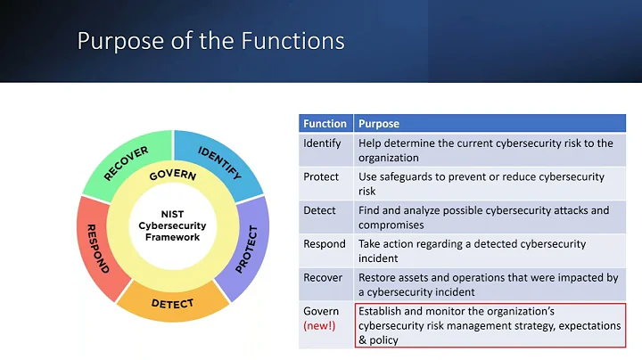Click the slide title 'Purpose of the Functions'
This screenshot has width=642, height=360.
(x=210, y=41)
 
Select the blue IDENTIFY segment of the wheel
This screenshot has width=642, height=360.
(x=218, y=161)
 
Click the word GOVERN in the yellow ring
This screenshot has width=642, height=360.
(x=173, y=176)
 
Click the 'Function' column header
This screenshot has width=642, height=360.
(x=325, y=124)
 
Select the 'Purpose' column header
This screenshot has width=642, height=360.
(x=378, y=124)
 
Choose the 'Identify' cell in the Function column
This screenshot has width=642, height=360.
(x=322, y=143)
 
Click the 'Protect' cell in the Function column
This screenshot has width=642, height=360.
(x=321, y=176)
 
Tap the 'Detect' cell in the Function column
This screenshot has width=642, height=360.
(x=319, y=210)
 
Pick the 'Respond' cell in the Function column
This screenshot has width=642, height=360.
(x=324, y=243)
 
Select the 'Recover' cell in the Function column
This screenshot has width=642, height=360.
(x=323, y=277)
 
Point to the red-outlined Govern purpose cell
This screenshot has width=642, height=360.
(x=489, y=325)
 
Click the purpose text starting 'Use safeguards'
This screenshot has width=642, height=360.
(x=481, y=184)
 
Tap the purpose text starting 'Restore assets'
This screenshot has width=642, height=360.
(x=488, y=285)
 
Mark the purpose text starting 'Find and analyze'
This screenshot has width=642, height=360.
(x=483, y=218)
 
